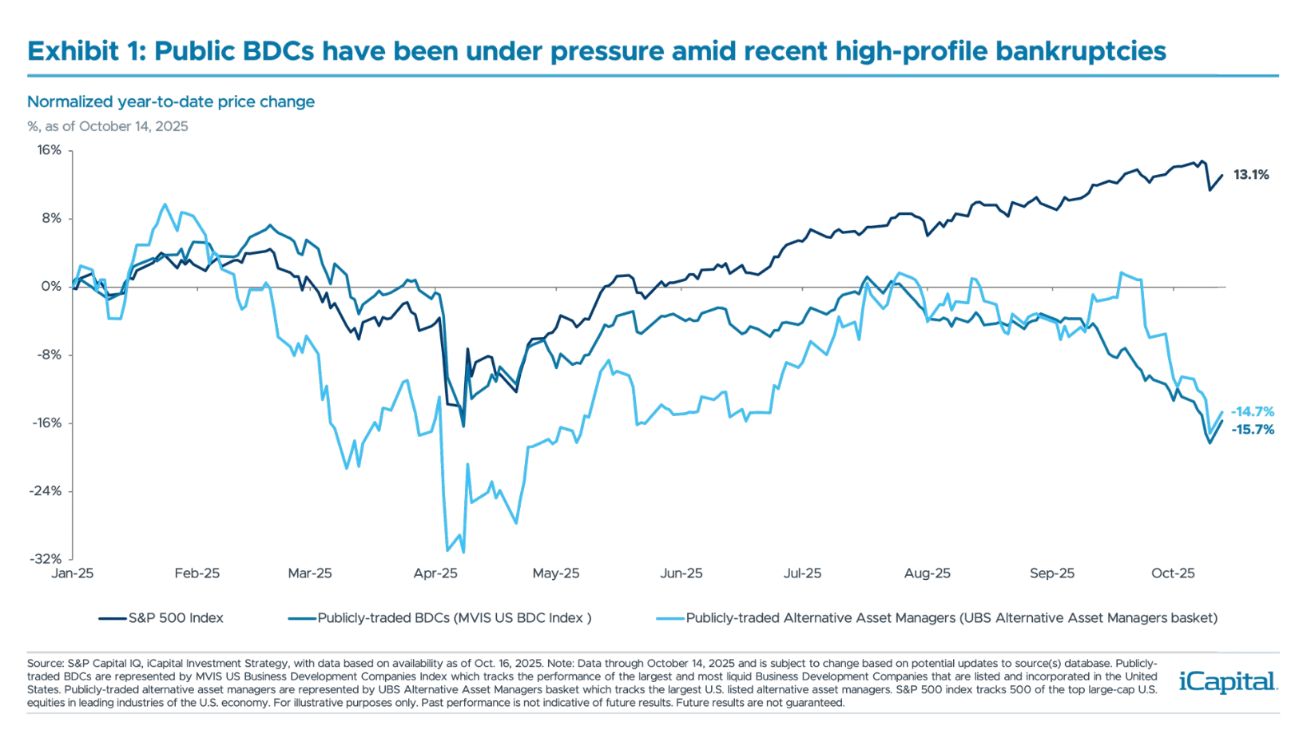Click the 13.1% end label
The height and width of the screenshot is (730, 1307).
pos(1250,175)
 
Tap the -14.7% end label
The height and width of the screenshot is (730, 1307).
pos(1252,412)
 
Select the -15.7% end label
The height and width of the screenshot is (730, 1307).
pos(1252,430)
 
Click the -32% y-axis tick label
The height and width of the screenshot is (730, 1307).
pos(46,559)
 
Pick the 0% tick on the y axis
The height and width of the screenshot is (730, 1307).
pos(52,287)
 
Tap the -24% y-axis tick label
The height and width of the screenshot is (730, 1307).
pos(46,491)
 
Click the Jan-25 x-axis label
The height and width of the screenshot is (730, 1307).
pos(73,573)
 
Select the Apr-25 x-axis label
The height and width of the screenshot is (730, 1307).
pos(435,573)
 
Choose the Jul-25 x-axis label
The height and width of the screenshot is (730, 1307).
pos(802,573)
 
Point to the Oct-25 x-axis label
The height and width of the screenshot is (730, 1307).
pos(1173,573)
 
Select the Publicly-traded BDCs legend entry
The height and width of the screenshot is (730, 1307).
pos(454,618)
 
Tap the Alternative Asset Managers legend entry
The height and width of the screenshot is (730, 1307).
pos(951,618)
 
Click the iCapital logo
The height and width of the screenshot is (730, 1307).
pos(1228,681)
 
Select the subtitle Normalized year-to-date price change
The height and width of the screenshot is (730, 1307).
pos(171,102)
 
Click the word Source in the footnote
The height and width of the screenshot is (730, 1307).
pos(45,664)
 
